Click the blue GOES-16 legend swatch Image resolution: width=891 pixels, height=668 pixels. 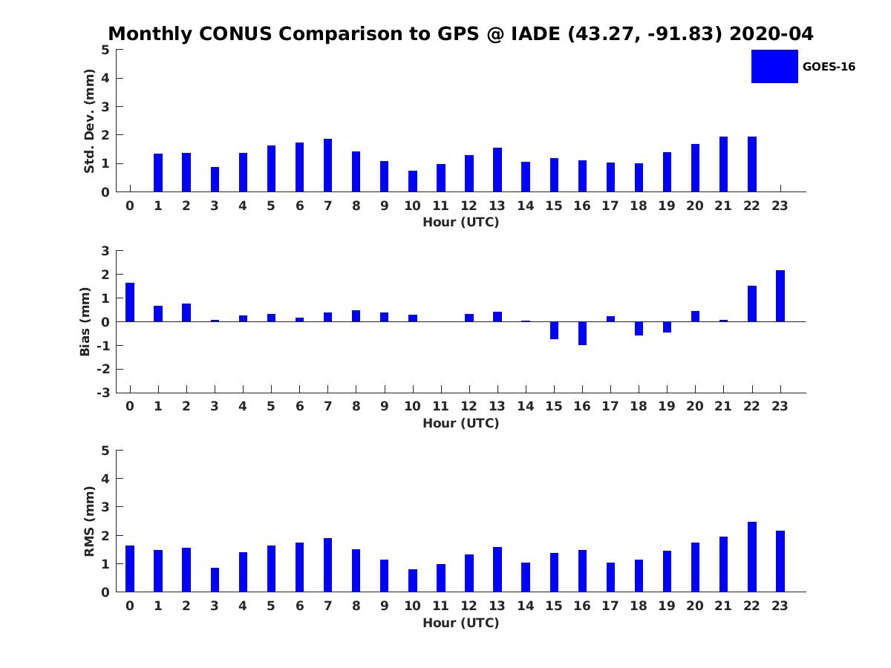(774, 66)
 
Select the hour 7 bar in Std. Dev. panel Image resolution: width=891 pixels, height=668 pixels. (327, 165)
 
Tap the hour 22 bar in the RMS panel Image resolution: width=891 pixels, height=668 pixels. (752, 557)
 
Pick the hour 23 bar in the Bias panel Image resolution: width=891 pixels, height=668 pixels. (780, 296)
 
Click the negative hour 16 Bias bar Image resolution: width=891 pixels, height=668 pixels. (582, 333)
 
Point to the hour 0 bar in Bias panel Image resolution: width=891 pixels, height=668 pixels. (130, 302)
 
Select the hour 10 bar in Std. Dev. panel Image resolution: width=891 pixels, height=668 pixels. (413, 181)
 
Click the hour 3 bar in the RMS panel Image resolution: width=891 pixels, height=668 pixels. (215, 580)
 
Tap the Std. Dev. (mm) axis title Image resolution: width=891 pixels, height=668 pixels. (89, 121)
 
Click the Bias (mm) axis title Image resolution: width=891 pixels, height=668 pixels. (85, 321)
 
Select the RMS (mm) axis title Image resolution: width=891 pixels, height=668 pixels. (89, 521)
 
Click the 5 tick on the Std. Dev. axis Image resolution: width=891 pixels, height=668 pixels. (106, 50)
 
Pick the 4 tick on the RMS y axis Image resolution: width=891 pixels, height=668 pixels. (106, 479)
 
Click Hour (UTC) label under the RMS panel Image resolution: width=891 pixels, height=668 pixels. (460, 623)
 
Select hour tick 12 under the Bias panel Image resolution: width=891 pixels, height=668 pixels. (469, 406)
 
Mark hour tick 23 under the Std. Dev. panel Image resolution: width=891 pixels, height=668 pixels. (780, 206)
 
